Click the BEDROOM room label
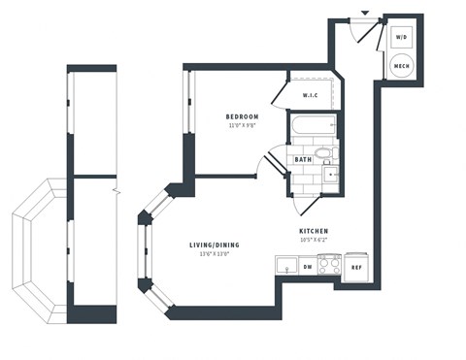click(242, 116)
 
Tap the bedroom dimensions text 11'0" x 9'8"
click(242, 126)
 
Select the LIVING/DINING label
click(214, 245)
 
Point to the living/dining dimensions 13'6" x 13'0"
click(214, 255)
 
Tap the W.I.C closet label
click(311, 95)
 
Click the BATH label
click(303, 159)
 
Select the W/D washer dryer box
click(401, 37)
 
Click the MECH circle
click(401, 66)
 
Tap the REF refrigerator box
click(356, 267)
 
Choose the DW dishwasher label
click(307, 264)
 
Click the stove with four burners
click(330, 264)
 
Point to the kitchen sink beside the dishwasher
click(286, 264)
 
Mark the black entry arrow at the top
click(364, 13)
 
